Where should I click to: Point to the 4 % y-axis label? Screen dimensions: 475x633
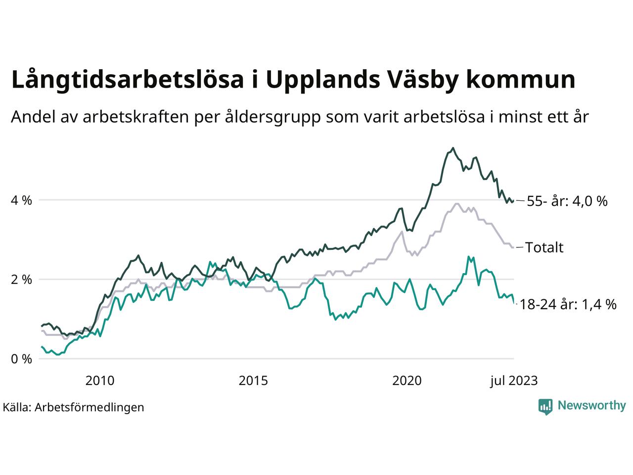21,200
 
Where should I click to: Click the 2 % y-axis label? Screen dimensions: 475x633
21,280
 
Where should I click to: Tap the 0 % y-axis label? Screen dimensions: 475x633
21,359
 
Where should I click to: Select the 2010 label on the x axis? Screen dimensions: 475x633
100,380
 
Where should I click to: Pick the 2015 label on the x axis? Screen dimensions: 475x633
253,380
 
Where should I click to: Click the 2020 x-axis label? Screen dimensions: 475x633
407,380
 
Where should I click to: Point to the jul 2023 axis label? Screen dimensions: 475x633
514,380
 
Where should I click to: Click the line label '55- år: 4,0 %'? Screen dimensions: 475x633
567,201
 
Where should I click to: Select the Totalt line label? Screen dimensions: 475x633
544,247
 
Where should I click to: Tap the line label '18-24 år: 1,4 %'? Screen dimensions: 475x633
568,305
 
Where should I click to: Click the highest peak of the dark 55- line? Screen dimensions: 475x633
453,148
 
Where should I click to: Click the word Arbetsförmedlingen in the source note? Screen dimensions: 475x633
90,407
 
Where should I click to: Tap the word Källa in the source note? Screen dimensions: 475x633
17,407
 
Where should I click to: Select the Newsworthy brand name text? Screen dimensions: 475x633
591,406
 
